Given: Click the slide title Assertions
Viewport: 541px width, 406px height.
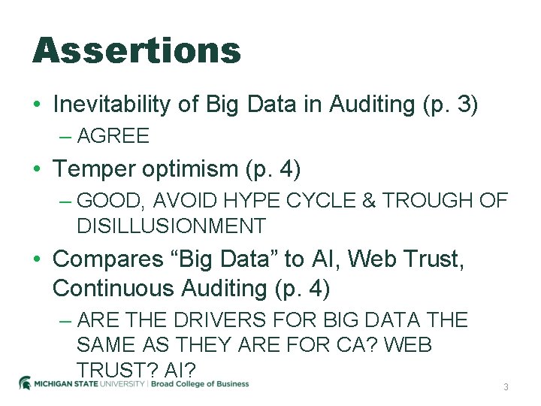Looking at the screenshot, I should pyautogui.click(x=136, y=50).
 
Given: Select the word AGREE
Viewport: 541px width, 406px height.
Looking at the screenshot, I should pyautogui.click(x=113, y=136).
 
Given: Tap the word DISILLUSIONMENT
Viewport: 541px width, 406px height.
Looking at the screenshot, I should pyautogui.click(x=171, y=226).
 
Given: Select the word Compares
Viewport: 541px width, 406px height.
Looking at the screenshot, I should pyautogui.click(x=105, y=259).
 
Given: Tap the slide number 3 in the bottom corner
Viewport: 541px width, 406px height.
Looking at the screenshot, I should pyautogui.click(x=506, y=386).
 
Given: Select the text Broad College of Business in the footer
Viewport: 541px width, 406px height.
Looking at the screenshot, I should pyautogui.click(x=201, y=383).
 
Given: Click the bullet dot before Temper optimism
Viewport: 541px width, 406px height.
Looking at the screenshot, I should pyautogui.click(x=37, y=170).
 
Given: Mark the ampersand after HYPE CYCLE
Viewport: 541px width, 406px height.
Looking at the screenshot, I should pyautogui.click(x=368, y=201).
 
